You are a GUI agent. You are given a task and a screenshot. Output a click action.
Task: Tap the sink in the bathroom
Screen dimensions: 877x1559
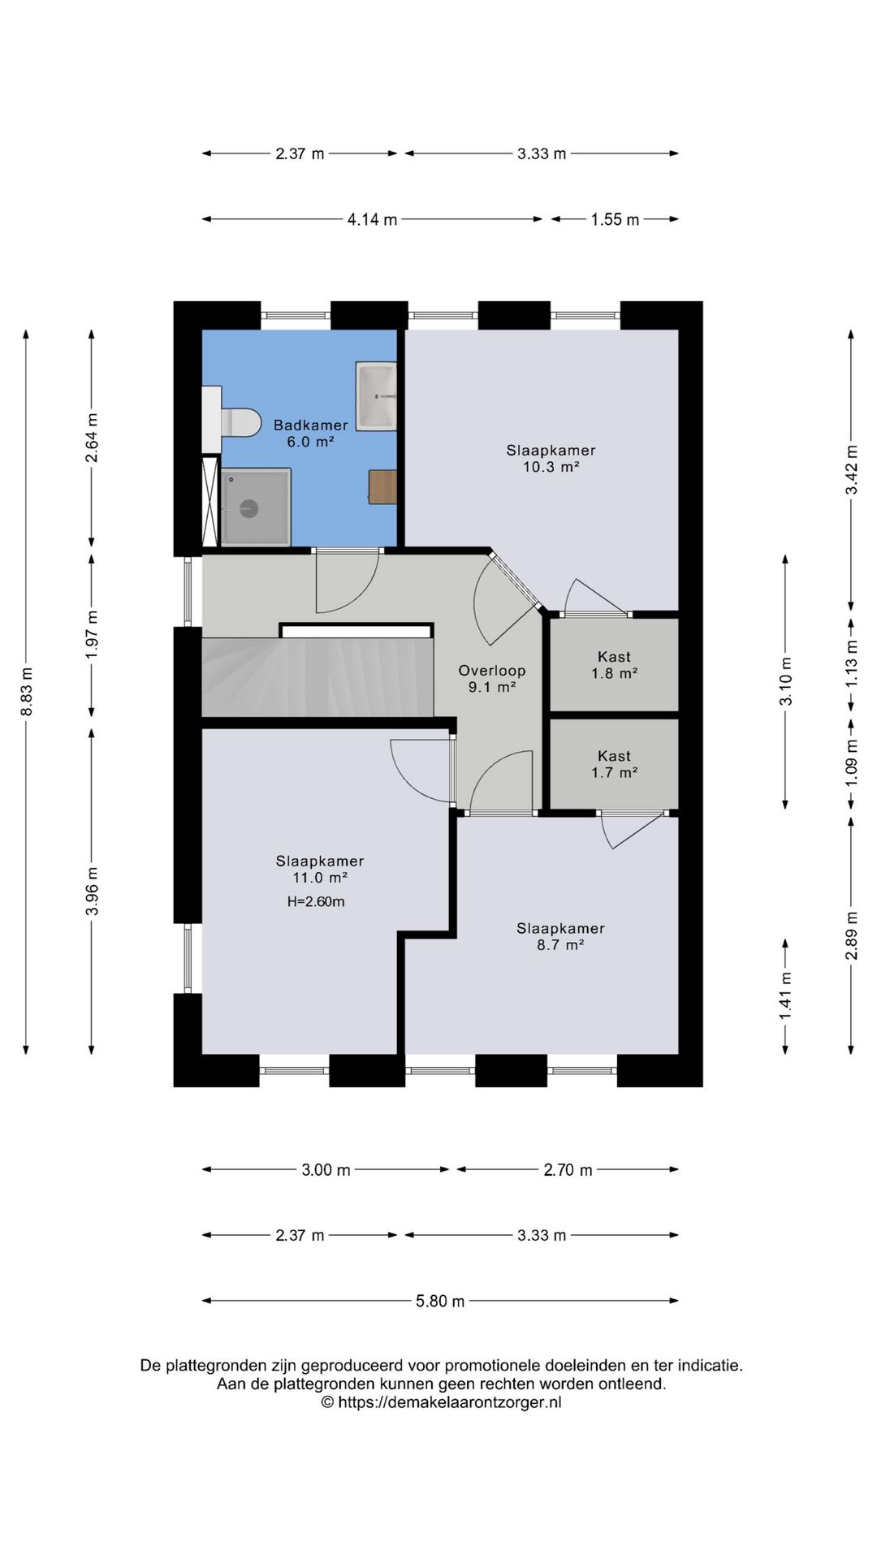[377, 395]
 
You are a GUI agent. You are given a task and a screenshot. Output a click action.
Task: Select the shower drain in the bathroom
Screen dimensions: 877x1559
[248, 508]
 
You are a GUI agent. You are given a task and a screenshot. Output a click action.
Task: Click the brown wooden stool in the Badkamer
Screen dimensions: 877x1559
[383, 486]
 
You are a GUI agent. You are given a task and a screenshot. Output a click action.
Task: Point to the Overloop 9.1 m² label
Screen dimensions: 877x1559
[492, 679]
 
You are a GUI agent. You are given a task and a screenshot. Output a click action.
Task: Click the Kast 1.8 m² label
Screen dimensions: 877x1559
[614, 665]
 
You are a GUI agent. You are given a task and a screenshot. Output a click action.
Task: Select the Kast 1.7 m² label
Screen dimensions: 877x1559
[614, 764]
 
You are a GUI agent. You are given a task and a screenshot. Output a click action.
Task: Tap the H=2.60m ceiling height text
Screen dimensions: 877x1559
[316, 901]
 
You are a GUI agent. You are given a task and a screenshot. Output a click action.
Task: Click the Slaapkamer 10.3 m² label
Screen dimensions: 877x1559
[551, 458]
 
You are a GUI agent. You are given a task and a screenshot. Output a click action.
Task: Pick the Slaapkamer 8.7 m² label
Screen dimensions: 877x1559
[560, 936]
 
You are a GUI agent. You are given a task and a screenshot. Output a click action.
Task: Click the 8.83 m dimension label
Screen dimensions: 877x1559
[26, 692]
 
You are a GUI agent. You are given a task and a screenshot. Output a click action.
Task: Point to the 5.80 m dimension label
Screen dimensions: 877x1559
[440, 1301]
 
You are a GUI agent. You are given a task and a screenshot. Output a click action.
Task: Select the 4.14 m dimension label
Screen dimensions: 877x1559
[373, 219]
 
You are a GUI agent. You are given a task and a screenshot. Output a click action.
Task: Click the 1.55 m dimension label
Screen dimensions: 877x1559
[615, 219]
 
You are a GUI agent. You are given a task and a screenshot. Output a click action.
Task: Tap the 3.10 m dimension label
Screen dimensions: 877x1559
[785, 681]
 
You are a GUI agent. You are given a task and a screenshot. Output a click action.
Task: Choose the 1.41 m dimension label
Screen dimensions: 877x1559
[785, 996]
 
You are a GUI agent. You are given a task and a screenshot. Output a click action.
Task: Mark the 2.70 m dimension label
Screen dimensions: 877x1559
[568, 1170]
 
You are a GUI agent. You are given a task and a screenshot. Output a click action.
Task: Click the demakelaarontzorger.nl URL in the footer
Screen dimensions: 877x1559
[449, 1402]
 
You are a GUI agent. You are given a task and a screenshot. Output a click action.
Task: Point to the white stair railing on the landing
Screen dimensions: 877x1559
[356, 631]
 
